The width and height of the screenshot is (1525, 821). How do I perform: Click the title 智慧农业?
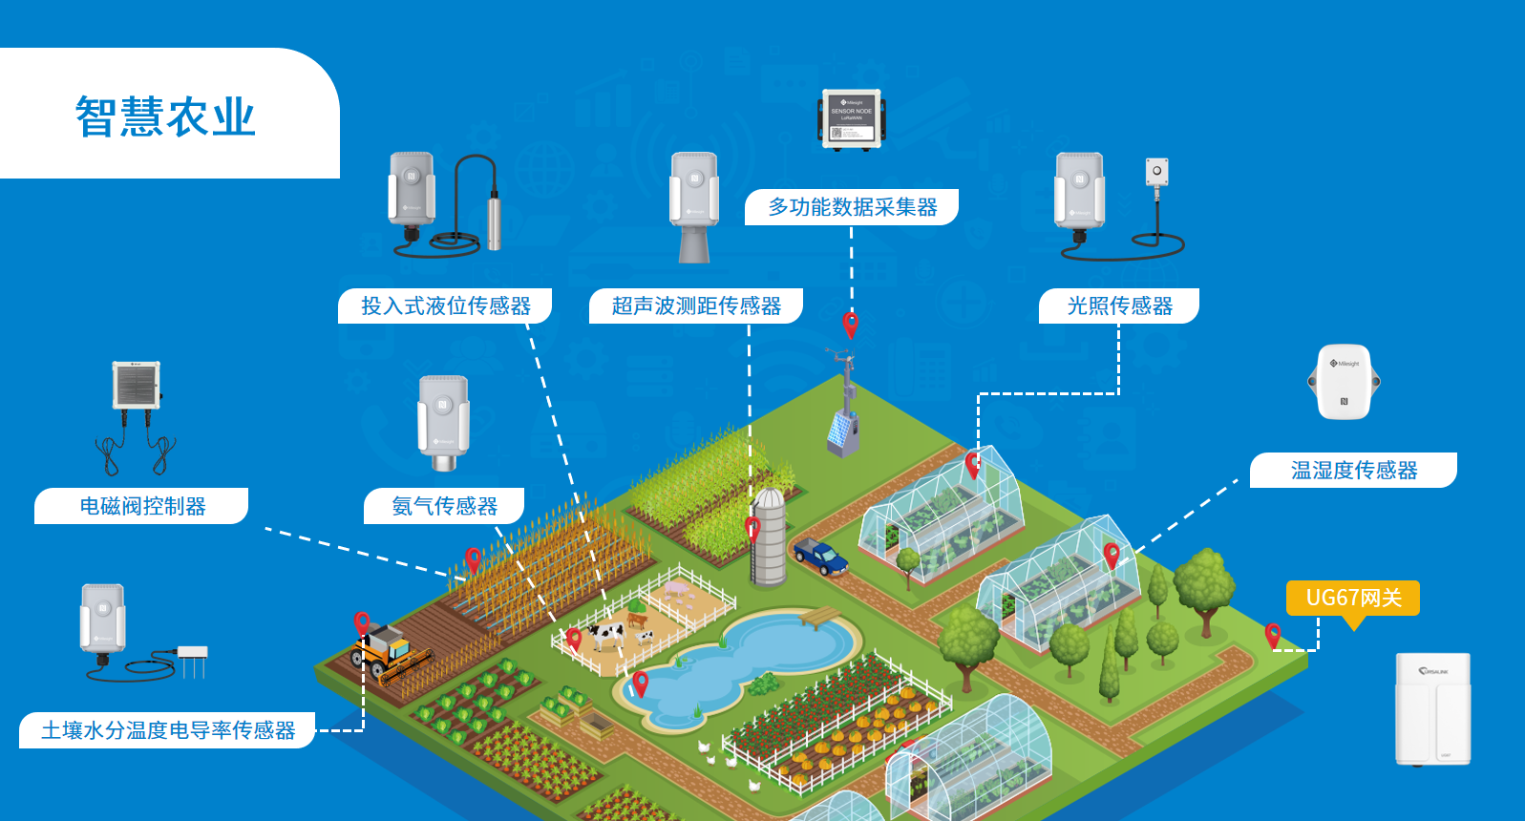tap(165, 117)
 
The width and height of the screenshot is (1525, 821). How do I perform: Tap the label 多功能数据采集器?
tap(852, 207)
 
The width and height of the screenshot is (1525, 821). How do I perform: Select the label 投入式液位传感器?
tap(445, 306)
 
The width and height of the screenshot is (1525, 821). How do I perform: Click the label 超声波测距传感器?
tap(696, 306)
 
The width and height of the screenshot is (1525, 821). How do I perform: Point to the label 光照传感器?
tap(1119, 306)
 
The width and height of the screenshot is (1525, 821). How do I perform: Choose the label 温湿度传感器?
tap(1353, 471)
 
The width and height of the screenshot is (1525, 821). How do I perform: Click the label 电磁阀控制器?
tap(142, 506)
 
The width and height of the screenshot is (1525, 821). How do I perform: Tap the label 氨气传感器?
tap(444, 506)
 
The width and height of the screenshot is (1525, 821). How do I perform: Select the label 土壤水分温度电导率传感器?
tap(168, 730)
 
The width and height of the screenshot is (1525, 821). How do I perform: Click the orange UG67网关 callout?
tap(1353, 599)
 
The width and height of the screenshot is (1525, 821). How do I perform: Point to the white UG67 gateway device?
tap(1432, 708)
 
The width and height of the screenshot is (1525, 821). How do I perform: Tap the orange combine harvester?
tap(390, 653)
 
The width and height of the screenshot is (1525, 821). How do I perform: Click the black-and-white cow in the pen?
tap(605, 634)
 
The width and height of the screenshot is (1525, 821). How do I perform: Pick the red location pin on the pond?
tap(641, 682)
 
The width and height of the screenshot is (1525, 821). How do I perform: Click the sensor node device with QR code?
tap(851, 119)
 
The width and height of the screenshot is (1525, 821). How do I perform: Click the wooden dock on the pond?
tap(819, 618)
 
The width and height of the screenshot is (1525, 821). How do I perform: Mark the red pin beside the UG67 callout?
tap(1272, 634)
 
